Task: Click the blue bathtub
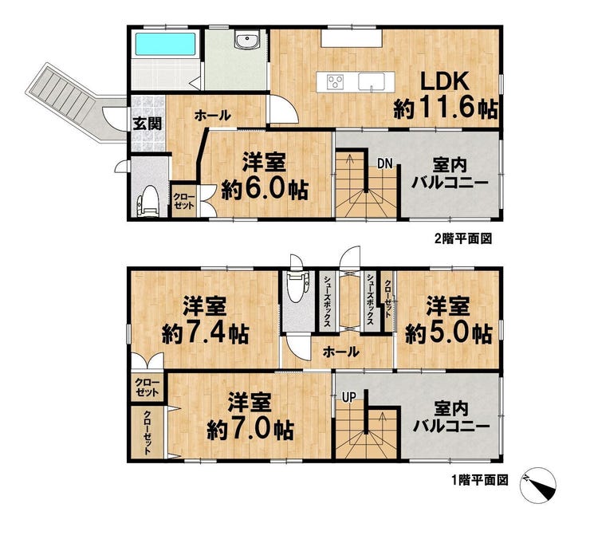click(x=165, y=45)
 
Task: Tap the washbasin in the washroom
click(x=247, y=40)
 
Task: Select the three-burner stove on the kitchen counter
click(x=335, y=81)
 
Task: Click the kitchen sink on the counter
click(x=372, y=82)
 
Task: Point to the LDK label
click(x=445, y=81)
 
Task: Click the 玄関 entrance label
click(x=147, y=123)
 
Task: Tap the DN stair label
click(x=385, y=163)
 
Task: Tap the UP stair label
click(x=349, y=397)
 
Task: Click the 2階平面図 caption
click(x=462, y=239)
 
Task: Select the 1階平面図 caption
click(x=480, y=480)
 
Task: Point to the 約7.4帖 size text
click(x=205, y=334)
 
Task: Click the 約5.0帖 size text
click(x=449, y=334)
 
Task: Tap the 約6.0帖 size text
click(x=265, y=190)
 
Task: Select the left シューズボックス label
click(x=327, y=300)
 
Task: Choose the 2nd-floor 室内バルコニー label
click(x=450, y=174)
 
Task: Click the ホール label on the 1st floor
click(x=341, y=352)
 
